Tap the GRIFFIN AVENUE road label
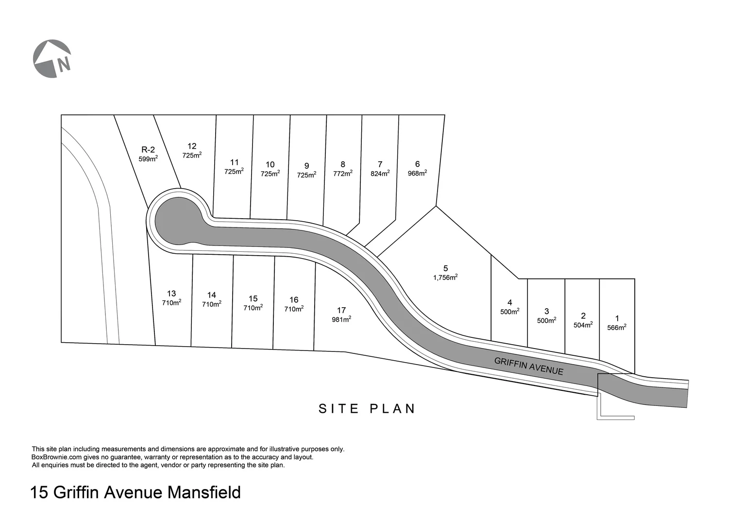(x=529, y=366)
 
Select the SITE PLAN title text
(x=367, y=409)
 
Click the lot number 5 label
(x=446, y=268)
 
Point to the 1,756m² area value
(x=445, y=278)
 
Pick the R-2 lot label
(x=148, y=150)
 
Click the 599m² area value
(x=148, y=159)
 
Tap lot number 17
(x=341, y=310)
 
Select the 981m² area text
(x=341, y=319)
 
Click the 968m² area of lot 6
(x=417, y=174)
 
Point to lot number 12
(x=192, y=146)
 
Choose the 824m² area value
(x=380, y=174)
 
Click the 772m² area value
(x=343, y=174)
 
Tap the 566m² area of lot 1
(x=617, y=328)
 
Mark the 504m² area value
(x=583, y=325)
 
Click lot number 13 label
(x=171, y=294)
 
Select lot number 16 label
(x=294, y=300)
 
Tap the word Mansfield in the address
(x=204, y=493)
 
